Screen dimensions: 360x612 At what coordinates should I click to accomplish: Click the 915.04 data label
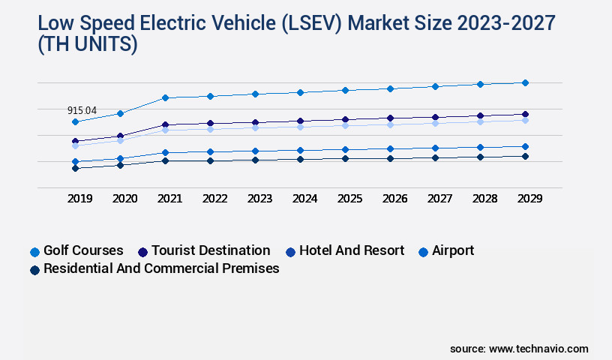coord(82,110)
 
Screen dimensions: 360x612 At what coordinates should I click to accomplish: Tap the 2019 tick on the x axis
coord(80,199)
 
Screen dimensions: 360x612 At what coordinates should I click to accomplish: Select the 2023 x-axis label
coord(259,199)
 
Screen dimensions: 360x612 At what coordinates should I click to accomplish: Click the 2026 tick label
coord(394,199)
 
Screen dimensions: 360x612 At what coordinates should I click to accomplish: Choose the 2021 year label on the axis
coord(169,199)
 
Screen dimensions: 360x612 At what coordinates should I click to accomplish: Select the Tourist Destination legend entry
coord(210,250)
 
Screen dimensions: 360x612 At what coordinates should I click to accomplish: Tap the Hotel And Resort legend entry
coord(351,250)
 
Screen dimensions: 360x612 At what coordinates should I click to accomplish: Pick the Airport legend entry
coord(453,250)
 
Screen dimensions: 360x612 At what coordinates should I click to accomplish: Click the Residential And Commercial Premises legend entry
coord(161,268)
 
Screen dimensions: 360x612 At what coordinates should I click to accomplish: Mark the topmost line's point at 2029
coord(525,82)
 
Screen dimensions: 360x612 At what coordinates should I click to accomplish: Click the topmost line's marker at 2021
coord(165,97)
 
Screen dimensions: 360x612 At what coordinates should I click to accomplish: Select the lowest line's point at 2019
coord(75,168)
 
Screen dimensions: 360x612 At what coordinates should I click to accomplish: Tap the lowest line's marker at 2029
coord(525,156)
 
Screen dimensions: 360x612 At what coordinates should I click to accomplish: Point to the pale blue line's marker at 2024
coord(300,127)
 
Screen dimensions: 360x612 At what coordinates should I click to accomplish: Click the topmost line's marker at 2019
coord(75,121)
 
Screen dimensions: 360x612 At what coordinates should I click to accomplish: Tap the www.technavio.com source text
coord(538,349)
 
